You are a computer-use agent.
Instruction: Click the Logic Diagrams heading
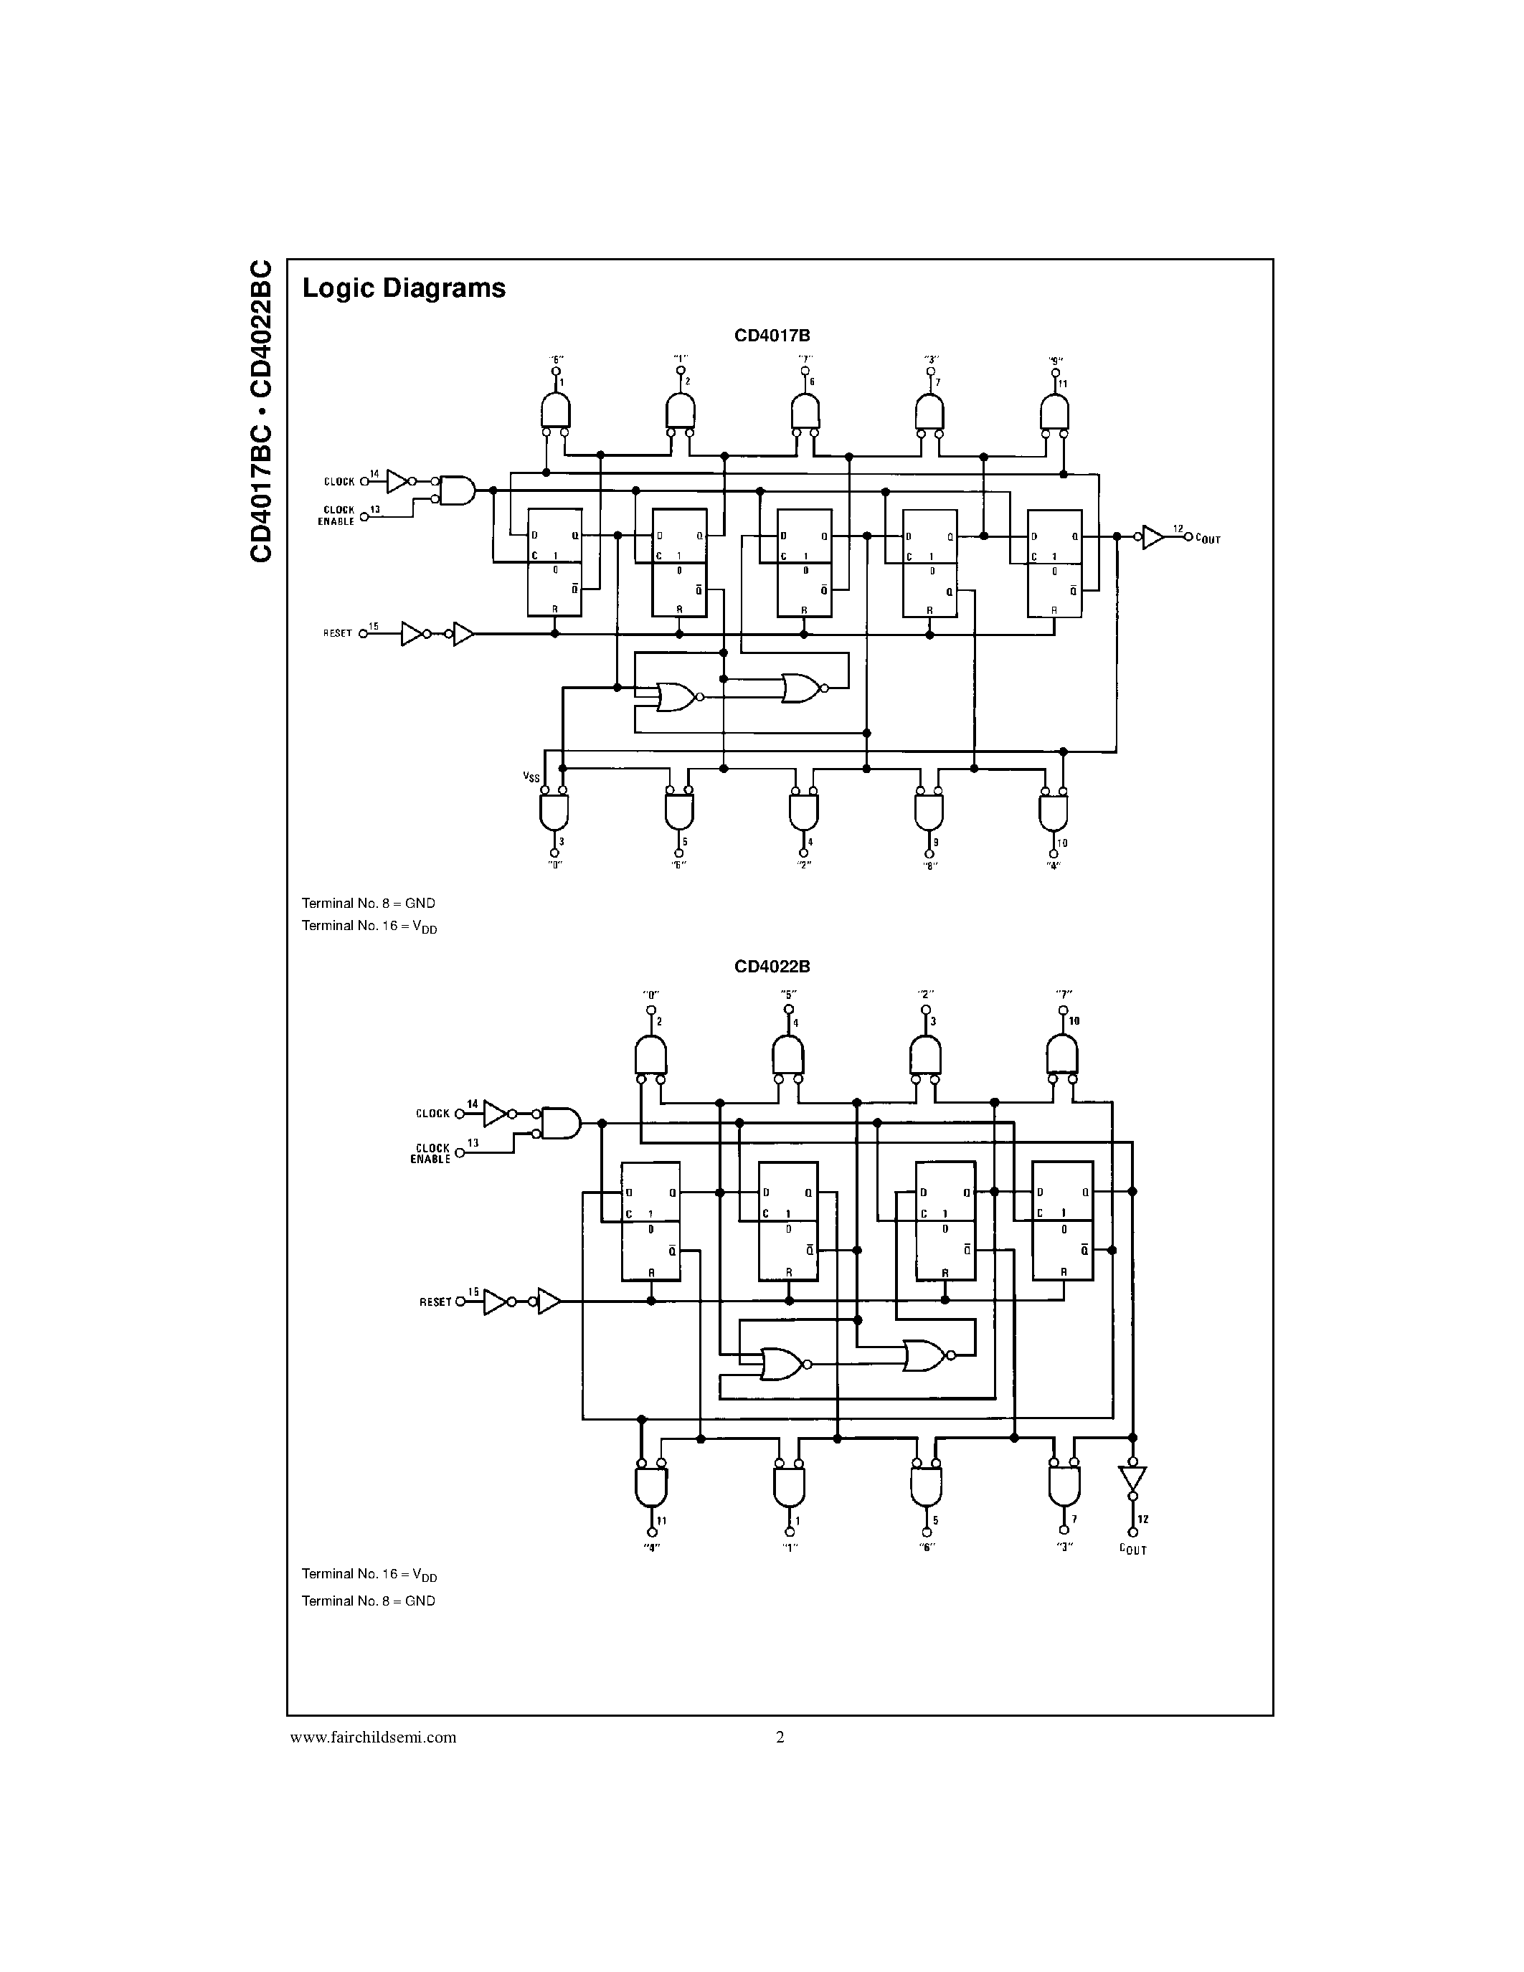pos(404,288)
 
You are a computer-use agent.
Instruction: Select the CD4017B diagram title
pos(771,336)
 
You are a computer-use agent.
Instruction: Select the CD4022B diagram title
pos(771,966)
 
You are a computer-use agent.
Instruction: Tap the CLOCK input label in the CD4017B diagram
pos(339,481)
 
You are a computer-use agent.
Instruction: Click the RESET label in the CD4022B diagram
pos(435,1302)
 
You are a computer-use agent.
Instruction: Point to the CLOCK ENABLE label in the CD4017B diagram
pos(338,516)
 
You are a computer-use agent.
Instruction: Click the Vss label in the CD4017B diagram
pos(531,777)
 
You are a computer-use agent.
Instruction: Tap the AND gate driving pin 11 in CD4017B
pos(1054,414)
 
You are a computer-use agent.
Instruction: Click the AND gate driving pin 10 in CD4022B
pos(1061,1053)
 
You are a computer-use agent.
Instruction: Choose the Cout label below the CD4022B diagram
pos(1132,1550)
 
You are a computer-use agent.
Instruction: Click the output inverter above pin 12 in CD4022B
pos(1132,1478)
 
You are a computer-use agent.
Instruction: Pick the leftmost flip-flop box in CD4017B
pos(554,561)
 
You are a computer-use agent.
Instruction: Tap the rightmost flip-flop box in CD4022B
pos(1061,1220)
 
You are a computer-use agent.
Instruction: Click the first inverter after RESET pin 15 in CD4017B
pos(412,634)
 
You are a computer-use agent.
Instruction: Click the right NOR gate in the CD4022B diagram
pos(922,1355)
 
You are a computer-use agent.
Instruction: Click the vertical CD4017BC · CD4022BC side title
pos(261,412)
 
